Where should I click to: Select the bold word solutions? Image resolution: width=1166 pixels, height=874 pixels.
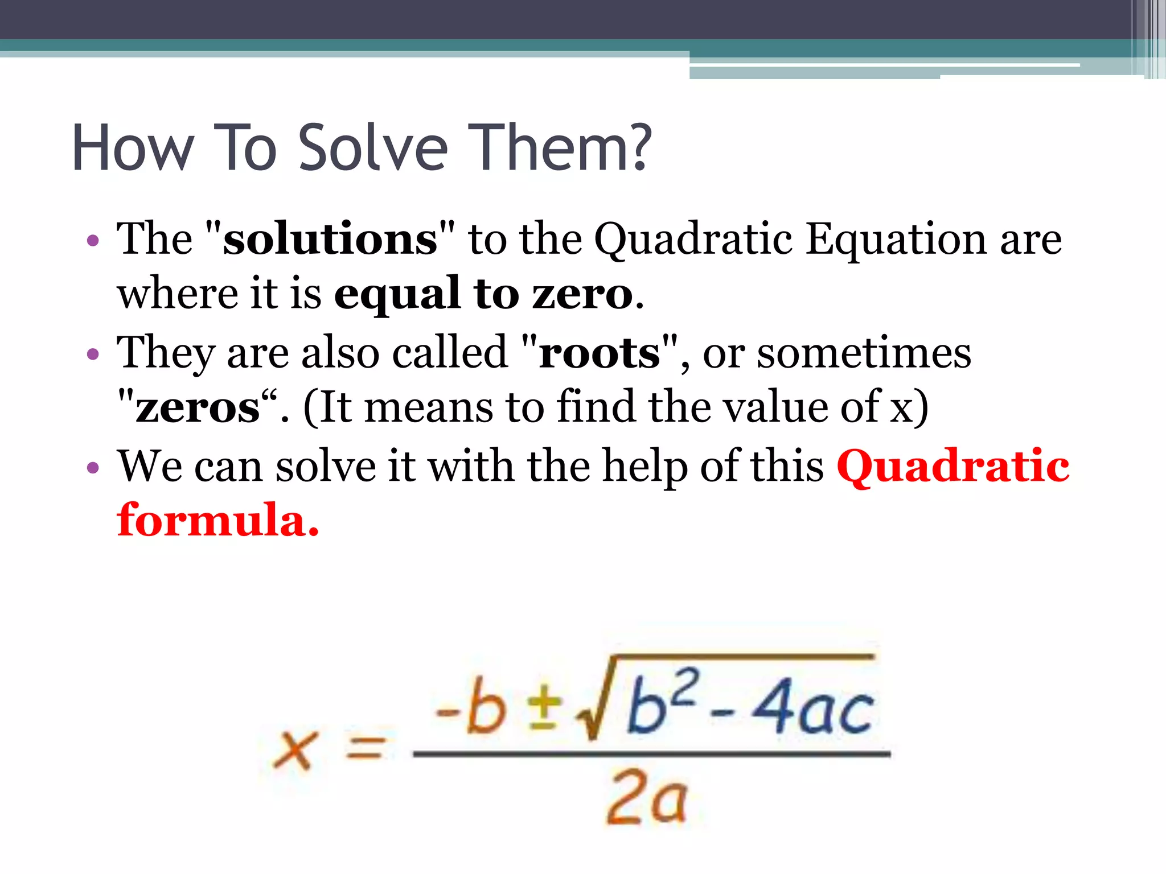pos(330,239)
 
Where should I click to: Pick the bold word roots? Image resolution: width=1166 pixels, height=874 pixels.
pos(599,353)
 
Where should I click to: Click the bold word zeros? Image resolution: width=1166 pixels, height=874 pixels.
pos(198,407)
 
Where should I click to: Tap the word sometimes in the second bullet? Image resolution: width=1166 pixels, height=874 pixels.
pos(864,353)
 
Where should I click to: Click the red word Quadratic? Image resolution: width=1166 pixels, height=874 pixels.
pos(953,467)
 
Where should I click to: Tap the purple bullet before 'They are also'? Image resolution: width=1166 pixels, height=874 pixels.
pos(93,354)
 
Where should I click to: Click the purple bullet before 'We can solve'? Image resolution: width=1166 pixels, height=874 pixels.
pos(93,468)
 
